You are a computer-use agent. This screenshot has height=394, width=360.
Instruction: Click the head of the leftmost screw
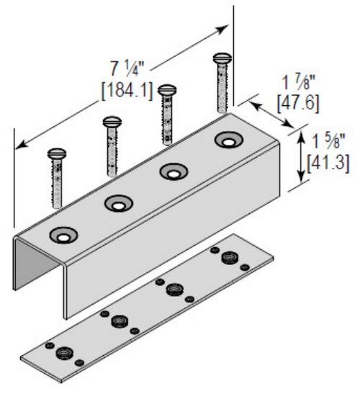click(x=57, y=153)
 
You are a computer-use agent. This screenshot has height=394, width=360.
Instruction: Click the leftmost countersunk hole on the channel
click(x=63, y=236)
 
